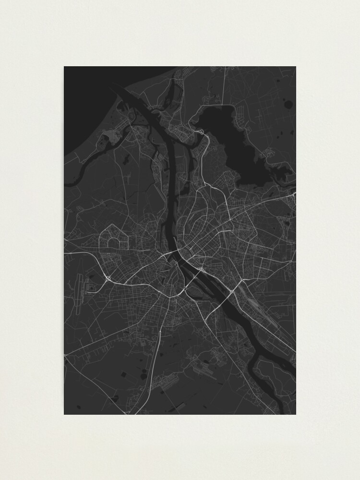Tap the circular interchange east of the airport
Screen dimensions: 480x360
(106, 277)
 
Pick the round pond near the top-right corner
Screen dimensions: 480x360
(288, 103)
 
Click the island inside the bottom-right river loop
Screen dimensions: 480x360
(271, 379)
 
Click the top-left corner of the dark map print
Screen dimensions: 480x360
(64, 67)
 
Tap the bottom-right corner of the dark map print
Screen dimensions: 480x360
(296, 414)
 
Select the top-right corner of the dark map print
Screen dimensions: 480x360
(296, 67)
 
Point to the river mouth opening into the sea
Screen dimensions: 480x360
(120, 91)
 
